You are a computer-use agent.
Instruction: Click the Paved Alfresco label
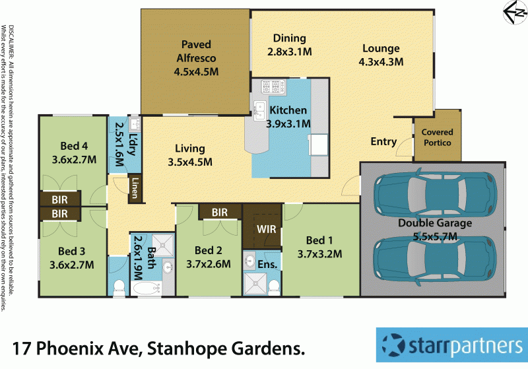tap(196, 57)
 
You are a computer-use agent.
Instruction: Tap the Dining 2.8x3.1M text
tap(290, 45)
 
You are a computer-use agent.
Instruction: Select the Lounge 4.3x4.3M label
tap(380, 55)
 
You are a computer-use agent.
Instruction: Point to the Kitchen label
tap(286, 116)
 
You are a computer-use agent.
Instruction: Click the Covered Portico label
tap(437, 137)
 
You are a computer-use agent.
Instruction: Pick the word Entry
tap(383, 142)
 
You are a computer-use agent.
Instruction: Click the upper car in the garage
tap(432, 194)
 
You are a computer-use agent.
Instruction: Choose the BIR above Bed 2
tap(220, 211)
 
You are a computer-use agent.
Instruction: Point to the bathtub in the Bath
tap(145, 288)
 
